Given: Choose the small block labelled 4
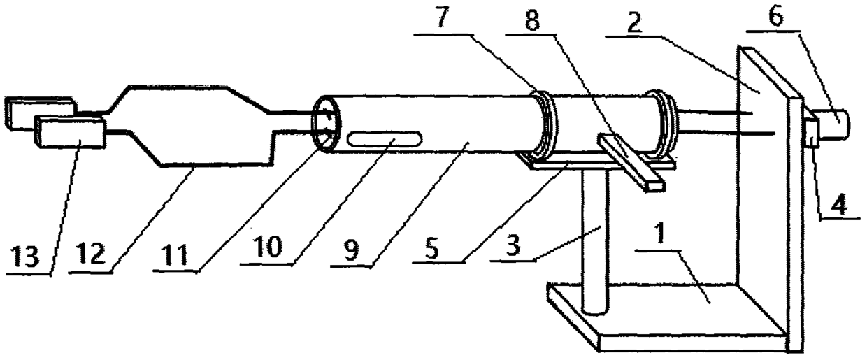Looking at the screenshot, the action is click(x=811, y=132).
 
